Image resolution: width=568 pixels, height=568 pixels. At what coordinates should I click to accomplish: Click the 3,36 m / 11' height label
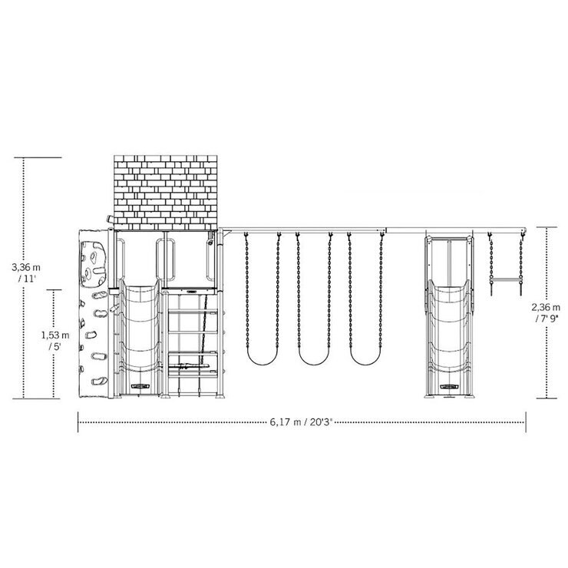click(x=26, y=272)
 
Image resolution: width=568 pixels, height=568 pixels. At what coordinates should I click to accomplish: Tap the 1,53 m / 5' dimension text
click(x=54, y=340)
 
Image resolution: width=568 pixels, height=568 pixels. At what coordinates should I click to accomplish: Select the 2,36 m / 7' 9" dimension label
click(x=546, y=312)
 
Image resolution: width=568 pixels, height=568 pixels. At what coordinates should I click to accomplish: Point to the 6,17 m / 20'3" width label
click(x=301, y=422)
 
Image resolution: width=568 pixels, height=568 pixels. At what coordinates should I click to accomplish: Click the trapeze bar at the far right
click(x=506, y=279)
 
